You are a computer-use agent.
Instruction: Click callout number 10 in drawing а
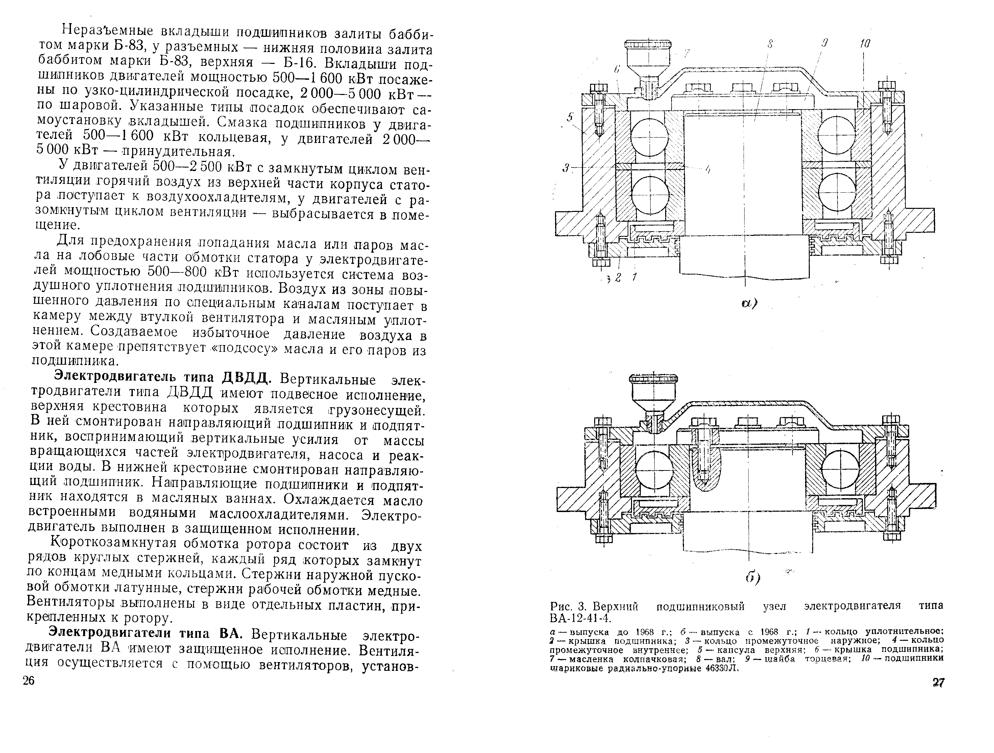(x=865, y=44)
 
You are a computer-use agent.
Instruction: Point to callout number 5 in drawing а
(x=570, y=117)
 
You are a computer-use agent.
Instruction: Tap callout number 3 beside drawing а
(x=566, y=168)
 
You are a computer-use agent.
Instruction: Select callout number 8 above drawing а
(x=770, y=44)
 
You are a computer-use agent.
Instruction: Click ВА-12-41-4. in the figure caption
(x=580, y=618)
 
